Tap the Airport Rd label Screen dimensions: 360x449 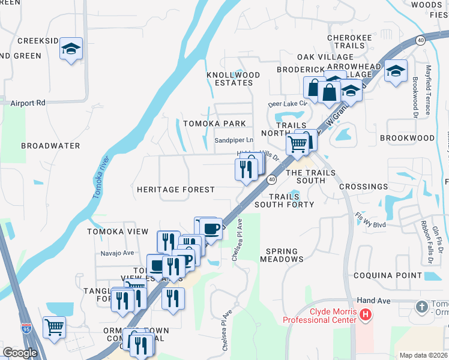coord(28,103)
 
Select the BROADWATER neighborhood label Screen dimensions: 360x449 coord(50,146)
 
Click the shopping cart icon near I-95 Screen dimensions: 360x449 coord(54,328)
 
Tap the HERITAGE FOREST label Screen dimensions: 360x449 coord(175,190)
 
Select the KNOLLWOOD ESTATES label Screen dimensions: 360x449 coord(234,79)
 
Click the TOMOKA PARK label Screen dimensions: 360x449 coord(214,124)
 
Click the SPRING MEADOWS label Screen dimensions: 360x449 coord(282,256)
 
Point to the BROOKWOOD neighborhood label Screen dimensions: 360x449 coord(408,138)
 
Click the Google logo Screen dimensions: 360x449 coord(20,353)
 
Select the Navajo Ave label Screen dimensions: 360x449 coord(117,253)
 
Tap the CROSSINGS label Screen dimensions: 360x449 coord(363,187)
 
